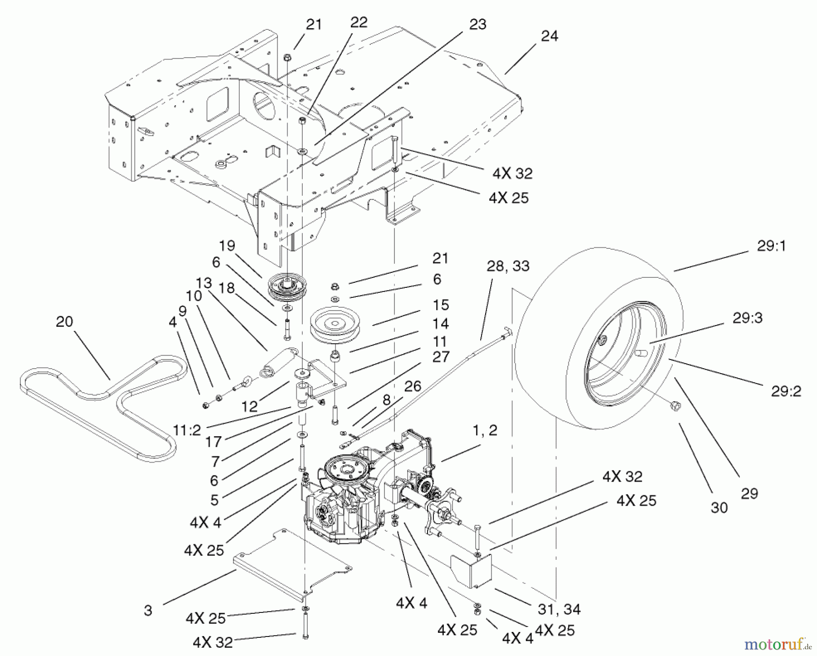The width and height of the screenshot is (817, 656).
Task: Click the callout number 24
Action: (x=549, y=36)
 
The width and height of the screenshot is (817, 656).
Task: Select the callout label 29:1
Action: (x=771, y=246)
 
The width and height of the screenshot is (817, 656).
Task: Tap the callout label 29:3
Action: (x=747, y=318)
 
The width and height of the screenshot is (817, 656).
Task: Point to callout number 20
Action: (x=64, y=322)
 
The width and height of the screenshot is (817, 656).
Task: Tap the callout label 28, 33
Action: (x=508, y=266)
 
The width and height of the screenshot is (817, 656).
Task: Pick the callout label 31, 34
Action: (x=559, y=609)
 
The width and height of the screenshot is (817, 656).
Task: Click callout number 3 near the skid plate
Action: (x=148, y=611)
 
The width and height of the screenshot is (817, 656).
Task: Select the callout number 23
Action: (x=477, y=24)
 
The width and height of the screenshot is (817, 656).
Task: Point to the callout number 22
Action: (x=359, y=22)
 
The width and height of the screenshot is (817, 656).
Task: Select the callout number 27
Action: (x=440, y=357)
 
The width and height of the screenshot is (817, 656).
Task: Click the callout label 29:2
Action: (x=786, y=391)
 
